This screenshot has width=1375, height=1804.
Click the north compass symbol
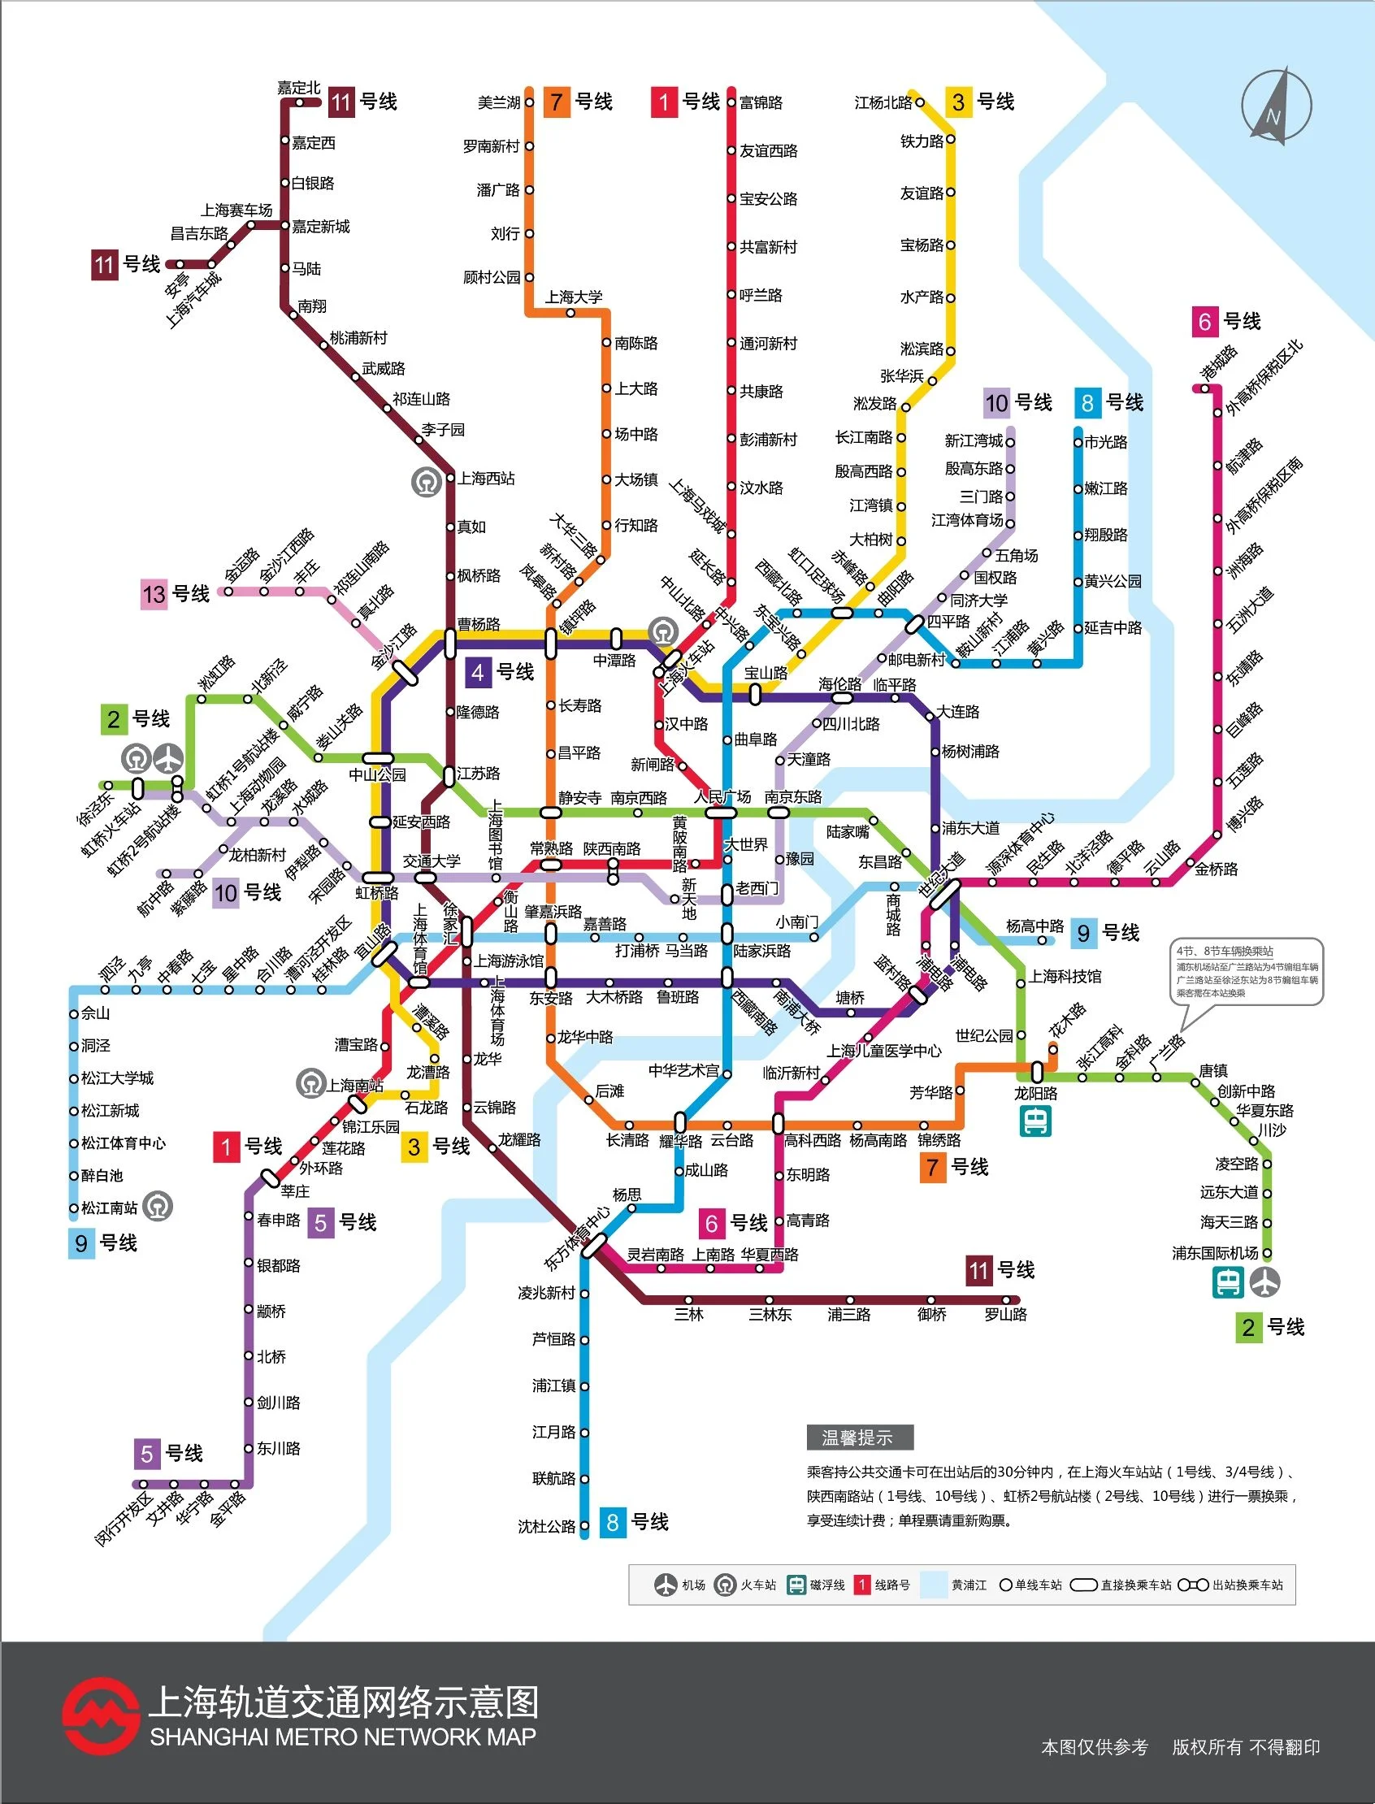point(1276,107)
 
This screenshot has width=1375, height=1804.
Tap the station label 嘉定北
point(298,88)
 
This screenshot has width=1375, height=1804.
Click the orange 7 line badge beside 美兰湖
point(557,102)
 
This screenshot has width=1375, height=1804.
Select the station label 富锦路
point(761,102)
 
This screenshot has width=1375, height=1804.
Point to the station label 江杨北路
point(883,102)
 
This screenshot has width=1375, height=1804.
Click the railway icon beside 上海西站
point(427,481)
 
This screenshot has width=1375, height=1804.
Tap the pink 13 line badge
point(154,594)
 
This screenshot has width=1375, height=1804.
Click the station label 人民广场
point(722,796)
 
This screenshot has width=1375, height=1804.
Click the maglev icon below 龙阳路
point(1035,1121)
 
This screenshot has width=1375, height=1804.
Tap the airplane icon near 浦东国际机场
point(1264,1281)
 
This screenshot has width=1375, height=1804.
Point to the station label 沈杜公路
point(546,1527)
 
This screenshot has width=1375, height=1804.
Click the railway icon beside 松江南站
point(158,1206)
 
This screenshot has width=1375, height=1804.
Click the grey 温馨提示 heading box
point(860,1438)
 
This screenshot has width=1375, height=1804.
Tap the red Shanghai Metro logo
point(100,1716)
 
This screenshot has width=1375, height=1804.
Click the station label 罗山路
point(1005,1315)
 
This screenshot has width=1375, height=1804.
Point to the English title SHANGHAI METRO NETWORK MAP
point(343,1737)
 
